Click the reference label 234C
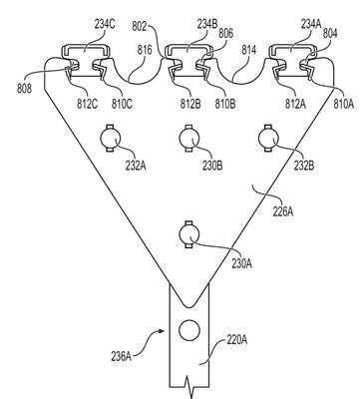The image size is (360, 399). pos(105,25)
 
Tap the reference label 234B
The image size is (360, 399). pos(207,24)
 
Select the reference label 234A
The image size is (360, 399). pos(311,23)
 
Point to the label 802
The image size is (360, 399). pos(140,26)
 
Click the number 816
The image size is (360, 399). pos(145,50)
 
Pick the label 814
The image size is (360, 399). pos(249,50)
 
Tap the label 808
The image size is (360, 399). pos(24,89)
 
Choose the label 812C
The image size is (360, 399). pos(88,104)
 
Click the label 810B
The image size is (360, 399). pos(224,104)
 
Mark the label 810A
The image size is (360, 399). pos(343,104)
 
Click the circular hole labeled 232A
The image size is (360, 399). pos(110,138)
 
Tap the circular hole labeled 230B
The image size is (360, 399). pos(189,138)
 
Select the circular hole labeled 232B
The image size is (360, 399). pos(268,138)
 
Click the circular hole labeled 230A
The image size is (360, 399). pos(189,234)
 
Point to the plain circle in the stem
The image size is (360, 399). pos(189,330)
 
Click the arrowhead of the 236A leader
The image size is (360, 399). pos(163,331)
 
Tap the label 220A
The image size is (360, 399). pos(237,340)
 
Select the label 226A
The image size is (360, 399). pos(283,211)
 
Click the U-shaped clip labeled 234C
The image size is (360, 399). pos(86,48)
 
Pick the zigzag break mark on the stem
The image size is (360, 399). pos(188,387)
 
